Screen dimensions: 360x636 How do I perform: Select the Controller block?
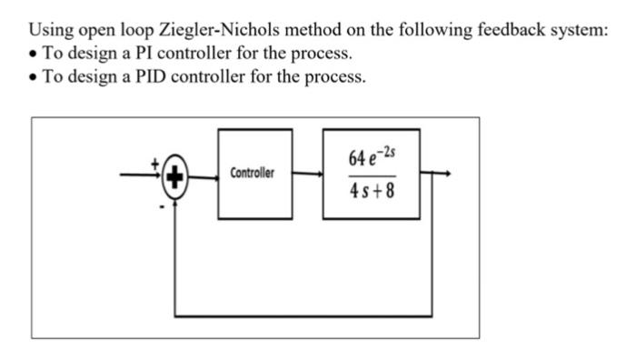254,173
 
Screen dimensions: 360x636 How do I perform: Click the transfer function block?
372,173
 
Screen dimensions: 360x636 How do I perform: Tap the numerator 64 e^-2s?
372,155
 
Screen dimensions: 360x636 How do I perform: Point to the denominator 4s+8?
372,193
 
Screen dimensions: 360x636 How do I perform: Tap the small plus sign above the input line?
154,163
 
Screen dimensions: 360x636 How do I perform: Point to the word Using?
52,30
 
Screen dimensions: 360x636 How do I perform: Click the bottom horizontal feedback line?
309,315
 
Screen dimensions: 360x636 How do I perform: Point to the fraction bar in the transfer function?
372,175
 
